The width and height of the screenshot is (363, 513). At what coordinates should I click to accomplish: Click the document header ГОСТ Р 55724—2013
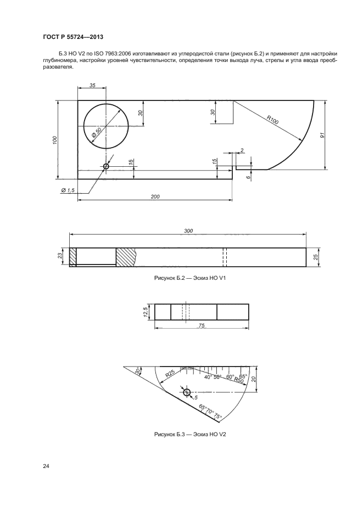click(x=73, y=37)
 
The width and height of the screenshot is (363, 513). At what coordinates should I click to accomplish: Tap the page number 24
click(x=46, y=466)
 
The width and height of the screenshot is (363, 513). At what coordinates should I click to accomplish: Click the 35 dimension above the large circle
click(x=92, y=85)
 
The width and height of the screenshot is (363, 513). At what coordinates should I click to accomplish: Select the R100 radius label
click(x=272, y=120)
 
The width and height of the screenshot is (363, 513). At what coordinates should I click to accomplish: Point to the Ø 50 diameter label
click(x=97, y=132)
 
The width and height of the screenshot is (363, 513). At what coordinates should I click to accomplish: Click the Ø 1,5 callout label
click(x=68, y=190)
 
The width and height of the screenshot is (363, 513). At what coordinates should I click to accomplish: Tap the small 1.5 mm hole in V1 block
click(x=106, y=167)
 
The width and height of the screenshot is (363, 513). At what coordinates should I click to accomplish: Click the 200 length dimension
click(x=155, y=196)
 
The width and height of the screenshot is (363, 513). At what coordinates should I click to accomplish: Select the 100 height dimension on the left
click(x=55, y=140)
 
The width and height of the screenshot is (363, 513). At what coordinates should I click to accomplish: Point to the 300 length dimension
click(x=188, y=230)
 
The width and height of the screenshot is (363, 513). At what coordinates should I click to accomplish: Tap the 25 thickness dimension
click(x=316, y=257)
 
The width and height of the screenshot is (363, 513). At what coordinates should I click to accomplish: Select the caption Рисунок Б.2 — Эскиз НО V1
click(x=190, y=278)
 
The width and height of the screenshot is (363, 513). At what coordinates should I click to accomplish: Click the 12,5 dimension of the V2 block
click(x=145, y=312)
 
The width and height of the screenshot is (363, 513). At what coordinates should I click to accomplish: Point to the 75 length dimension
click(x=202, y=325)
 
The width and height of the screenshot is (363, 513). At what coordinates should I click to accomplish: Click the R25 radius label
click(x=170, y=374)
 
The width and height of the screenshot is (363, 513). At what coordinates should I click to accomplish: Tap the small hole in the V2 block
click(x=187, y=392)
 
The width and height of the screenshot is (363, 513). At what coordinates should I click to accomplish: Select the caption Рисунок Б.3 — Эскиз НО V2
click(x=190, y=435)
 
